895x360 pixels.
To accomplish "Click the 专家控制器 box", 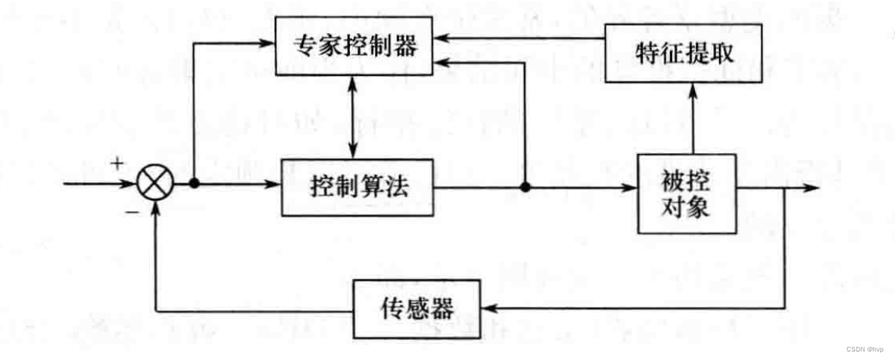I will (355, 48).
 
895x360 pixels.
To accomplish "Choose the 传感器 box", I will (416, 307).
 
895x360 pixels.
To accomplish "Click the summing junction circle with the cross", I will (156, 185).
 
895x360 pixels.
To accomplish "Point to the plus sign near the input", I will (118, 164).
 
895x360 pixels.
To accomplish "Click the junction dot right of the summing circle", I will (195, 185).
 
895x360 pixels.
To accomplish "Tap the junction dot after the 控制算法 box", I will (525, 186).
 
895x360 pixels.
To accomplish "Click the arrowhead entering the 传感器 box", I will (490, 308).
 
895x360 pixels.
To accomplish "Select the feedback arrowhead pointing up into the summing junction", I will (157, 212).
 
